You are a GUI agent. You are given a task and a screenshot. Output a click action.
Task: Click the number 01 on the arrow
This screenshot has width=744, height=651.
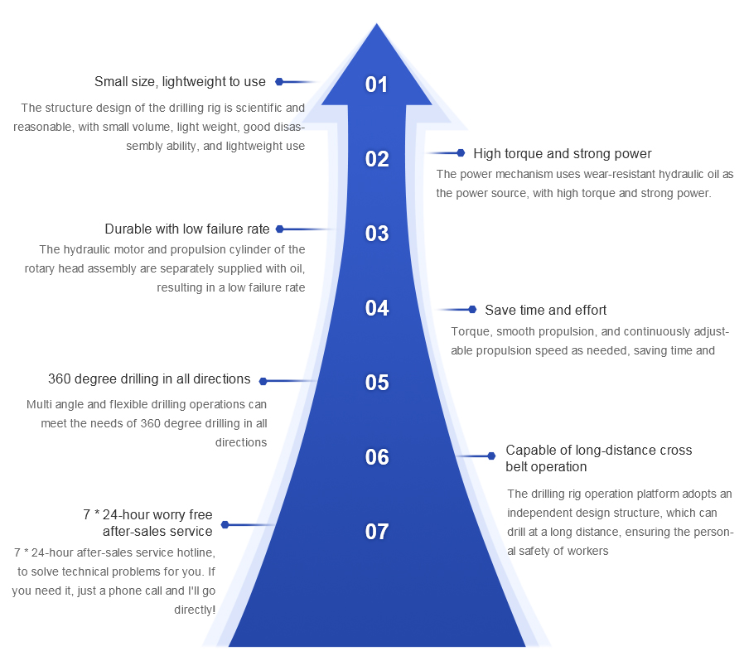pyautogui.click(x=377, y=84)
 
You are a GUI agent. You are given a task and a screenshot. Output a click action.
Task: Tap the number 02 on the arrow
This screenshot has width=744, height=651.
pyautogui.click(x=377, y=159)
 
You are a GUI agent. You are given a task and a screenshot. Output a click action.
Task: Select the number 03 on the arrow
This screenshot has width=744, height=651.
pyautogui.click(x=377, y=234)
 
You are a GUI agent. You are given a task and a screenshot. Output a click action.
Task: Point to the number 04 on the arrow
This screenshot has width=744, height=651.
pyautogui.click(x=377, y=308)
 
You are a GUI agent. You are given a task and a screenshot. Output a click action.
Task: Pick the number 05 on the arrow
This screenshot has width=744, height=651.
pyautogui.click(x=377, y=383)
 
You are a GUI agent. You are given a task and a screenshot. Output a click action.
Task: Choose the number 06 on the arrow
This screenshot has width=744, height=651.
pyautogui.click(x=377, y=457)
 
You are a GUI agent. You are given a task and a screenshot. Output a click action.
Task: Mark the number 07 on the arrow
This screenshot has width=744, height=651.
pyautogui.click(x=377, y=532)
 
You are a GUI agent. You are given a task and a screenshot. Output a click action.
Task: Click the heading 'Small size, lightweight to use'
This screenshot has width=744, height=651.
pyautogui.click(x=180, y=82)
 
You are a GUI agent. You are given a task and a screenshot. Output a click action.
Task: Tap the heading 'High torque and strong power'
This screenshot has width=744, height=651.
pyautogui.click(x=562, y=153)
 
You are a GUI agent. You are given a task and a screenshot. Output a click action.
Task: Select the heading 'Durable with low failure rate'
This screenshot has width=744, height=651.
pyautogui.click(x=187, y=229)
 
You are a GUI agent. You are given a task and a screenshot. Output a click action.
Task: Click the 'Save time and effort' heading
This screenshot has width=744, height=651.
pyautogui.click(x=545, y=310)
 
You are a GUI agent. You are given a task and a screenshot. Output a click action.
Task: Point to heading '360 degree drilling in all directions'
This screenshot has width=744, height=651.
pyautogui.click(x=149, y=379)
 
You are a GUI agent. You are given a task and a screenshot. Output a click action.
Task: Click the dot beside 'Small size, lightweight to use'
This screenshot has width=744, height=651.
pyautogui.click(x=279, y=82)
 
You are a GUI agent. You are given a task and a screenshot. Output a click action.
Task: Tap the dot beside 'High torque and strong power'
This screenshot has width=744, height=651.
pyautogui.click(x=461, y=153)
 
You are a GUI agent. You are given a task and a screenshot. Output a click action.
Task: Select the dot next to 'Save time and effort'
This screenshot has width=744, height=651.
pyautogui.click(x=472, y=310)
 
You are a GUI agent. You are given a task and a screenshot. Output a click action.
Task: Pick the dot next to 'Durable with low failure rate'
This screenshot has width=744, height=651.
pyautogui.click(x=279, y=229)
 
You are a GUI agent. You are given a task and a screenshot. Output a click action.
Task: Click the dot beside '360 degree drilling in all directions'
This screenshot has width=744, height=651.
pyautogui.click(x=263, y=382)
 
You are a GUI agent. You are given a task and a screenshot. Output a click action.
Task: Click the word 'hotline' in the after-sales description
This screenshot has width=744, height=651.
pyautogui.click(x=197, y=552)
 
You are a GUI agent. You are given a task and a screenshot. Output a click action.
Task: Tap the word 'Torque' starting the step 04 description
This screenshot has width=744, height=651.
pyautogui.click(x=469, y=332)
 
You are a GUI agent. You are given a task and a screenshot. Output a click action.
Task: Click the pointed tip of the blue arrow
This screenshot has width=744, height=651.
pyautogui.click(x=377, y=26)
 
